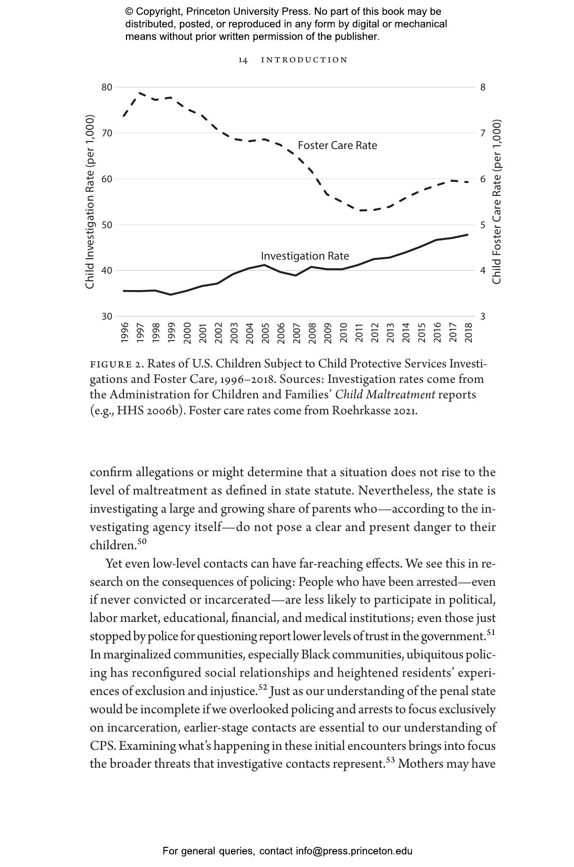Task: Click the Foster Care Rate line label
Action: (x=337, y=145)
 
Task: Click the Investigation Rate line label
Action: (x=305, y=256)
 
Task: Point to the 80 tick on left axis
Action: (x=106, y=87)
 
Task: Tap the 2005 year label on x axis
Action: (x=265, y=333)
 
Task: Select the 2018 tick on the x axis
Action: (x=469, y=333)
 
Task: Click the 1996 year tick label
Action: (x=125, y=333)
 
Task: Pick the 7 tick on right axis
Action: (x=483, y=133)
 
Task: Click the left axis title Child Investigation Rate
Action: (x=90, y=202)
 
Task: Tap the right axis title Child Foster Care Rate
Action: (x=497, y=202)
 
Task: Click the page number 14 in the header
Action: (x=243, y=60)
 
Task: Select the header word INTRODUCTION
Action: (x=304, y=60)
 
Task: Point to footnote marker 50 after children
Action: (x=142, y=542)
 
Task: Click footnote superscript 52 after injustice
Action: (x=262, y=688)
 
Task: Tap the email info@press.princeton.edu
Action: (x=354, y=851)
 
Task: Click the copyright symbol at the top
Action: (x=129, y=12)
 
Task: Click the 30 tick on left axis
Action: (x=106, y=316)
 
